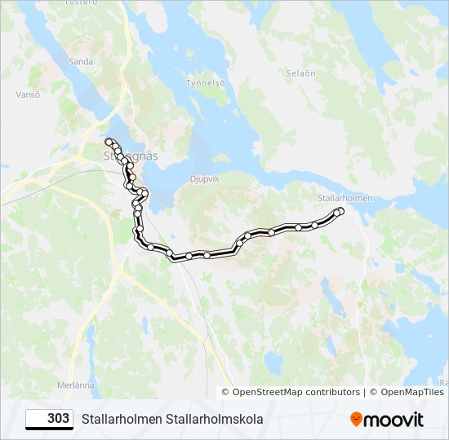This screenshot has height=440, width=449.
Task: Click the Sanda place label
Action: pos(82,61)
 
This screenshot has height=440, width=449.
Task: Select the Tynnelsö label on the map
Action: pos(204,83)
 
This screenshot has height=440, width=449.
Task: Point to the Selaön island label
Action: pos(300,73)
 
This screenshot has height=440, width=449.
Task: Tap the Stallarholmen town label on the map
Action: pos(344,198)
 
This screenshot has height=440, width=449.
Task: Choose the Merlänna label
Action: pos(77,385)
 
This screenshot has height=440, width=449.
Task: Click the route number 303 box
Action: pos(49,419)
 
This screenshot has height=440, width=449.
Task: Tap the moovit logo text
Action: pos(394,420)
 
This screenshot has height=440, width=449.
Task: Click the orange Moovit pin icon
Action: pos(356,420)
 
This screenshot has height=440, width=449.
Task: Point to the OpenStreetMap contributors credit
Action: pos(296,392)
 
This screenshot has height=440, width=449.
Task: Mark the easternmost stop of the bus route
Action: pos(340,211)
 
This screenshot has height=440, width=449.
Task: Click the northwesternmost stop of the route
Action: pos(108,142)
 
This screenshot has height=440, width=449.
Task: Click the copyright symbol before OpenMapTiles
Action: pos(372,392)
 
